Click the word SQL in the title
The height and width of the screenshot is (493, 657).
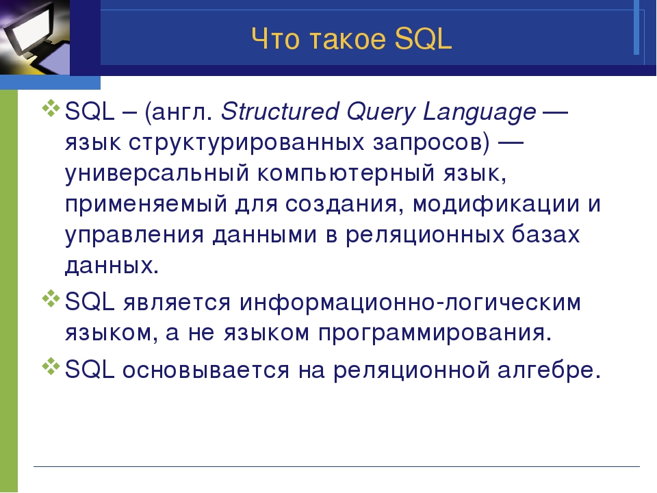click(423, 38)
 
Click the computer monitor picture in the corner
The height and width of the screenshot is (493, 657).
click(35, 37)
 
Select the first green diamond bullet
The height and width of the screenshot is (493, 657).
click(50, 108)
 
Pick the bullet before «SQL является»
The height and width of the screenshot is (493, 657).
click(50, 298)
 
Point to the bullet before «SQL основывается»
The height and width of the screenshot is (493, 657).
click(50, 366)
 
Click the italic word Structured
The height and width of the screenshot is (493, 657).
click(279, 111)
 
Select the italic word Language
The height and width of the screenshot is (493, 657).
click(479, 112)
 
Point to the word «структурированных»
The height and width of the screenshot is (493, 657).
click(246, 143)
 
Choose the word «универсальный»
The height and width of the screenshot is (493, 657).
click(157, 173)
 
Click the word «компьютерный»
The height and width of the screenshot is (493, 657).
click(346, 173)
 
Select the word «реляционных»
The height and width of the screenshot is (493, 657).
click(424, 235)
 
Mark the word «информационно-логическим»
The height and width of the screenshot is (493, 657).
click(410, 302)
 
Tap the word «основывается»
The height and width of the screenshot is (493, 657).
click(206, 370)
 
